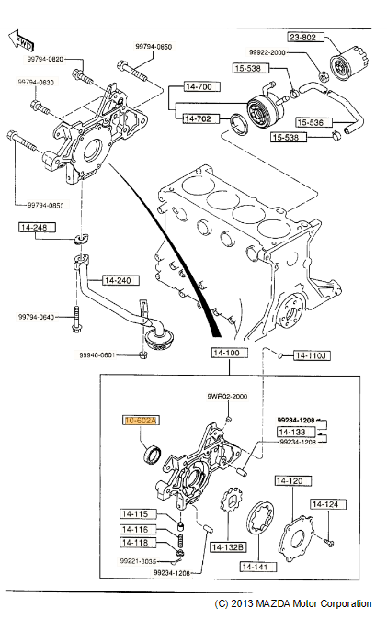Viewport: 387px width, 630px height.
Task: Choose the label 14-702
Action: pyautogui.click(x=199, y=118)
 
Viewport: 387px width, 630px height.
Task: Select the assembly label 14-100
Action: pyautogui.click(x=226, y=353)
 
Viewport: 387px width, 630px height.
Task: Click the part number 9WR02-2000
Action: pyautogui.click(x=227, y=396)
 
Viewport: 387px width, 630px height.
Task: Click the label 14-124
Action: pyautogui.click(x=327, y=503)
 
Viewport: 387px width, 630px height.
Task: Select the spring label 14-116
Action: pyautogui.click(x=134, y=530)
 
